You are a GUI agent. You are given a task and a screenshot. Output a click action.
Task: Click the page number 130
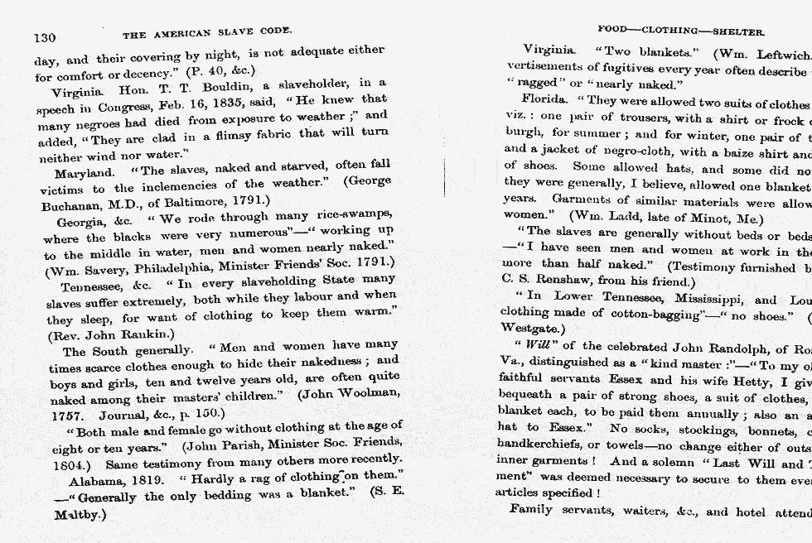[44, 37]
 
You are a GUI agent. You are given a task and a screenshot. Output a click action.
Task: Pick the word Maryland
[85, 173]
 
